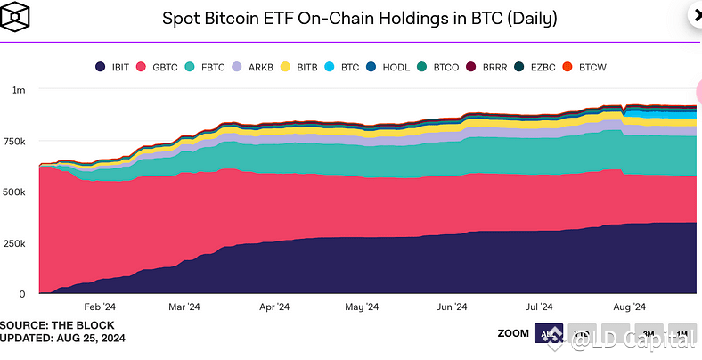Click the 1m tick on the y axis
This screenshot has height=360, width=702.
[x=19, y=90]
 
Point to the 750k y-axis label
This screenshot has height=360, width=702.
[x=15, y=141]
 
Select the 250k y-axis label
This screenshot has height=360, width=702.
[x=15, y=243]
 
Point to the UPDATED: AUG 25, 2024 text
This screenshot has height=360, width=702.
[x=62, y=339]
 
